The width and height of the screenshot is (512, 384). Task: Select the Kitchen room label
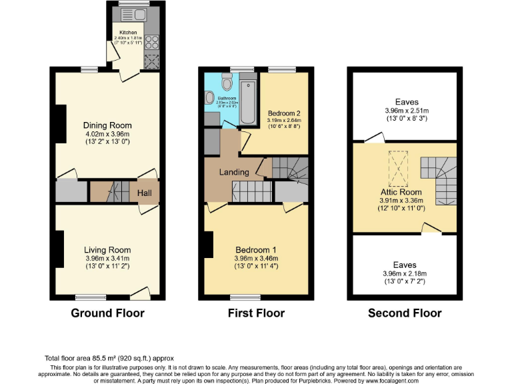click(x=128, y=32)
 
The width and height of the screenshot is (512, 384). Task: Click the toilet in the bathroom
click(x=227, y=83)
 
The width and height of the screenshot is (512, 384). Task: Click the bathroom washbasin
click(x=210, y=97)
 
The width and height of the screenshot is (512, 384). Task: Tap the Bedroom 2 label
click(x=284, y=112)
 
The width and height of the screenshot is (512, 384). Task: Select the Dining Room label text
click(x=107, y=125)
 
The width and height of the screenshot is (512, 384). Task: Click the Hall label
click(x=145, y=193)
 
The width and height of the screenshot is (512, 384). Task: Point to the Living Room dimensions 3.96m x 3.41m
click(x=107, y=259)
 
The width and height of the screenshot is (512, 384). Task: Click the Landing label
click(x=234, y=172)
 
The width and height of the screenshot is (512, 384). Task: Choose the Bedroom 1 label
click(x=255, y=250)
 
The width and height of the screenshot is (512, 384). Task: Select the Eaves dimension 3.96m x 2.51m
click(x=406, y=111)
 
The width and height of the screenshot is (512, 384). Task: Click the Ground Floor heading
click(x=107, y=313)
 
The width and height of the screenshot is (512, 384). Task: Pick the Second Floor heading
click(x=405, y=313)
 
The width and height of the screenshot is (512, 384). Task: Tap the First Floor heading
click(x=255, y=313)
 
